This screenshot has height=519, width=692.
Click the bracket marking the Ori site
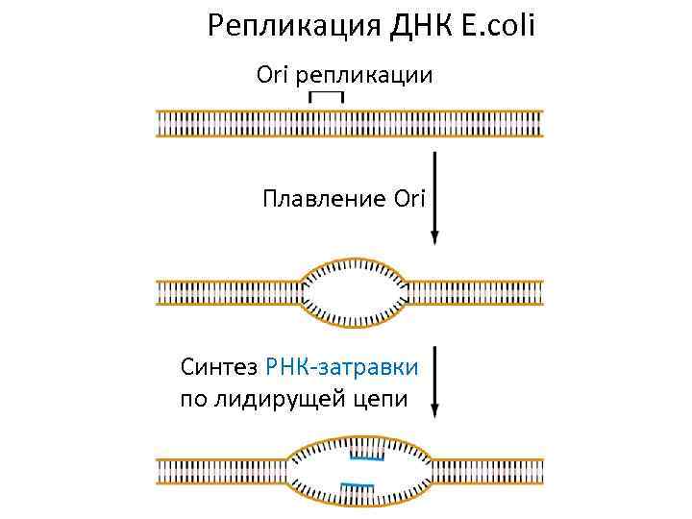[x=327, y=96]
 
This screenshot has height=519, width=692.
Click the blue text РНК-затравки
[x=340, y=366]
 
